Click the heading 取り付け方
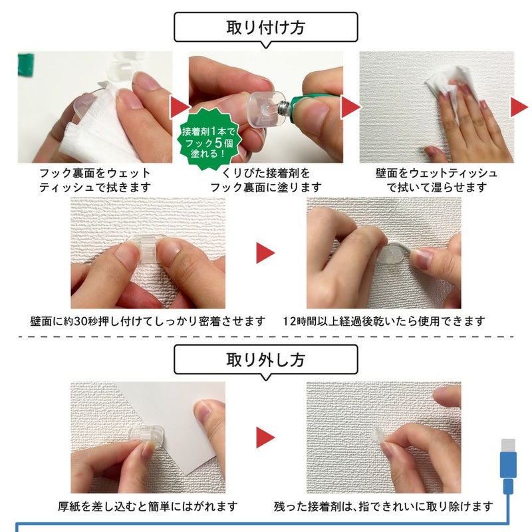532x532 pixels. [x=265, y=29]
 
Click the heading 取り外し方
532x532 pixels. [x=265, y=360]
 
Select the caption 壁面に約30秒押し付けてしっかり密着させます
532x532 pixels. [x=148, y=321]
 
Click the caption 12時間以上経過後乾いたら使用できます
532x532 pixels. [x=383, y=321]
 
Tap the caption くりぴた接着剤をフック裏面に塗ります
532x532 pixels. [x=265, y=180]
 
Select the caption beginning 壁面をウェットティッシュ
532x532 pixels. [x=436, y=180]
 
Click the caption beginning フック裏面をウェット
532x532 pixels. [x=94, y=180]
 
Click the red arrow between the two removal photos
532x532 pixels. [x=265, y=437]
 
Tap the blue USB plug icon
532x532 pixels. [x=508, y=465]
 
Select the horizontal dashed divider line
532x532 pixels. [x=265, y=336]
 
